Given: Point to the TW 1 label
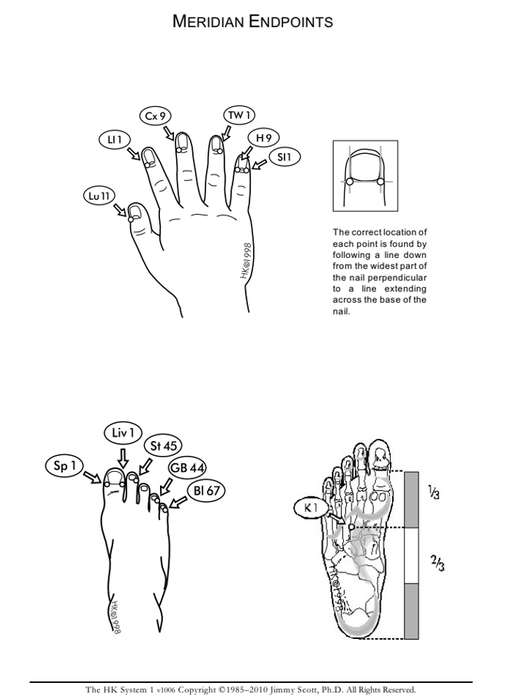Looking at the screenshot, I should click(238, 115).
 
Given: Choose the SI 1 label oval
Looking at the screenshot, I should click(284, 158).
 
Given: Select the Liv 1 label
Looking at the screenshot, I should click(122, 433).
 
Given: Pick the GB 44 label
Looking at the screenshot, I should click(187, 468).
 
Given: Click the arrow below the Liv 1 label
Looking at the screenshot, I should click(123, 457).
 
